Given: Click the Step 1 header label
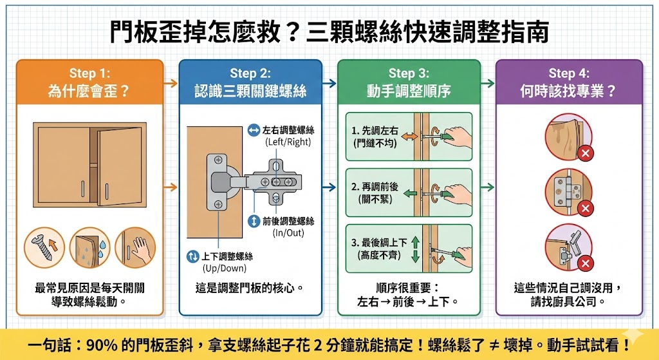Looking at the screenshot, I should [89, 73].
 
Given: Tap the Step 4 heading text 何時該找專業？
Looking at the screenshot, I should [568, 91].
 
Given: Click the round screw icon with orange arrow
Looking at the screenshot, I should [44, 247].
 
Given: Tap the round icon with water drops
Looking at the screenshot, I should [89, 247].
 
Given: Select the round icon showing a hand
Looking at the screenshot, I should [135, 247].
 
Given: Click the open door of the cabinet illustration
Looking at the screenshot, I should [120, 166].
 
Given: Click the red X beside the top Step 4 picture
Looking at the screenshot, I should [585, 153].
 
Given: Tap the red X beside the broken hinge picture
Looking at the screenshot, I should [585, 265].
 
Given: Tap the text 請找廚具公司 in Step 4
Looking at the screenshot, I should [568, 301].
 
